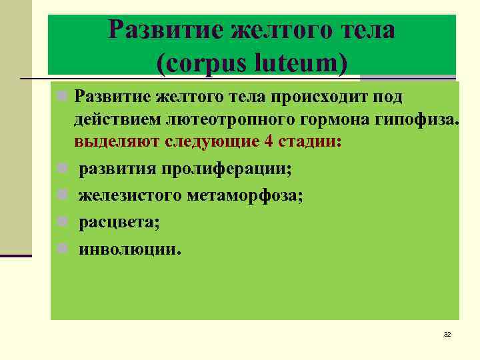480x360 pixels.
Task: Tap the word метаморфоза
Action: coord(243,195)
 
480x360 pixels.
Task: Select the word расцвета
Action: coord(119,223)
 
